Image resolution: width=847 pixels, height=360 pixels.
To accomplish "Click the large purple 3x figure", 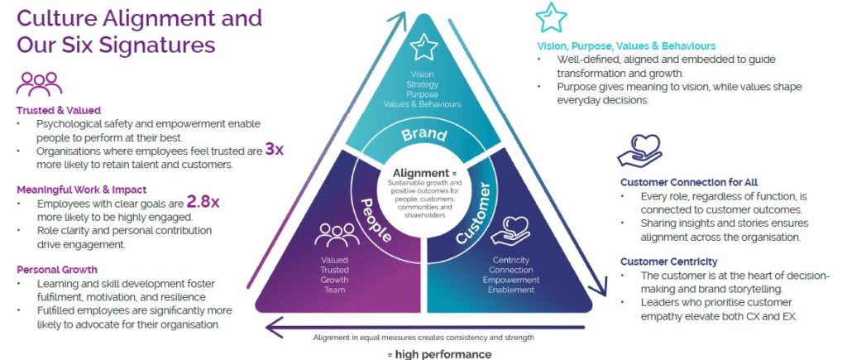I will pos(274,150).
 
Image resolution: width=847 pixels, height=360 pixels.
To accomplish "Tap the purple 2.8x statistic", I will pos(203,201).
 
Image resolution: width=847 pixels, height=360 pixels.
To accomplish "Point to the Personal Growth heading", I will pos(56,269).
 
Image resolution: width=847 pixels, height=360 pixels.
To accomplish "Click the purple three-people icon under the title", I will pos(39,84).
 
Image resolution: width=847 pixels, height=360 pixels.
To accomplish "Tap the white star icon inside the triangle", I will pos(423,47).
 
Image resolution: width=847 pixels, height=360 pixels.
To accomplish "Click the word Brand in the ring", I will pos(423,134).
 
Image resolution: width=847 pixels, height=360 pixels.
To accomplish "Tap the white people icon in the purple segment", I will pos(337,235).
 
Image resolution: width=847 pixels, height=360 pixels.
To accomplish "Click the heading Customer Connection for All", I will pos(688,182).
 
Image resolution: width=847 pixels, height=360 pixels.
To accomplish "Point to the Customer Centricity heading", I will pos(668,262).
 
